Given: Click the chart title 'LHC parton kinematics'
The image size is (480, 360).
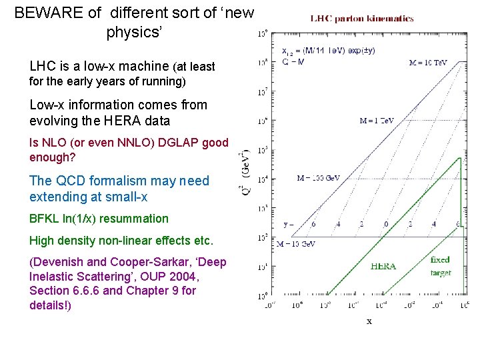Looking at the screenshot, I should coord(362,19).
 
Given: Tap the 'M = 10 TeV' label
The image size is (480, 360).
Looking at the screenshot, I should coord(427,63).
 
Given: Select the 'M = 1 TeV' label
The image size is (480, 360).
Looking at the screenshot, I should coord(377,121).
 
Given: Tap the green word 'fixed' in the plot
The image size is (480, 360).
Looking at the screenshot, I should coord(440,259).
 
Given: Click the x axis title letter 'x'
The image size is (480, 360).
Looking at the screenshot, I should coord(369,321).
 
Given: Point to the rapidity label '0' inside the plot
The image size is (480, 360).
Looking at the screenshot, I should coord(386,225).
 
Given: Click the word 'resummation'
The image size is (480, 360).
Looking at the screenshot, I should coord(139,219).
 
